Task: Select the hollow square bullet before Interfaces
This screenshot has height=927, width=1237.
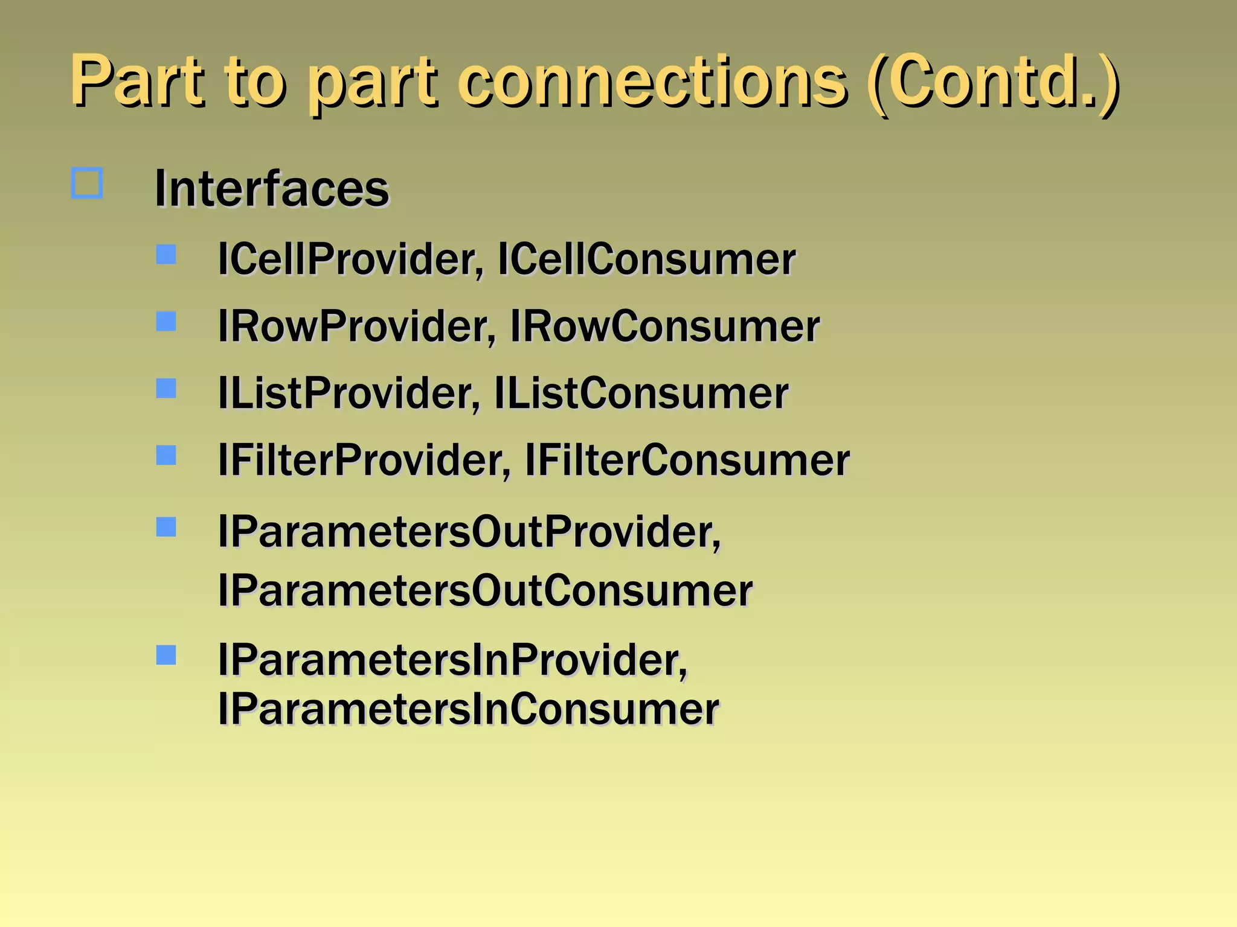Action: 87,183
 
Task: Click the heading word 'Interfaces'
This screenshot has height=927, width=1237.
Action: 272,189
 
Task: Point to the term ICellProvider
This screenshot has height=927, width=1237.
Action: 350,260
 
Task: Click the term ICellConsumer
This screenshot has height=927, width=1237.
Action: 646,260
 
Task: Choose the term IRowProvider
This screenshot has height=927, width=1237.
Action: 356,327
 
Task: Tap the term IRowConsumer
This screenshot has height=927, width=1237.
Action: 664,327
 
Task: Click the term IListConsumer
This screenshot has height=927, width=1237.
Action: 641,393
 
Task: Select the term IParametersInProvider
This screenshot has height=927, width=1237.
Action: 452,660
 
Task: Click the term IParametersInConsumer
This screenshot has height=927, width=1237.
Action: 468,709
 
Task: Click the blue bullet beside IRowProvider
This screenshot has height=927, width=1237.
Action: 166,321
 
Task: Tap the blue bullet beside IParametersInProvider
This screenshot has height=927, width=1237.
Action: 166,655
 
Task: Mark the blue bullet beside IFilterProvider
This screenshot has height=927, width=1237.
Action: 166,455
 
